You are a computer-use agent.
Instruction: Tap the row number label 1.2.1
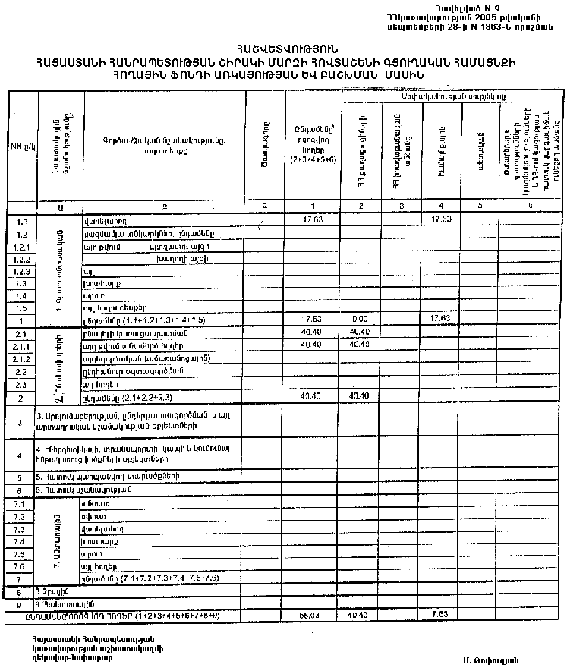click(x=21, y=247)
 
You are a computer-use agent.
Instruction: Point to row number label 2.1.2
click(x=21, y=358)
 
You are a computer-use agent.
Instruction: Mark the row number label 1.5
click(x=21, y=308)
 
